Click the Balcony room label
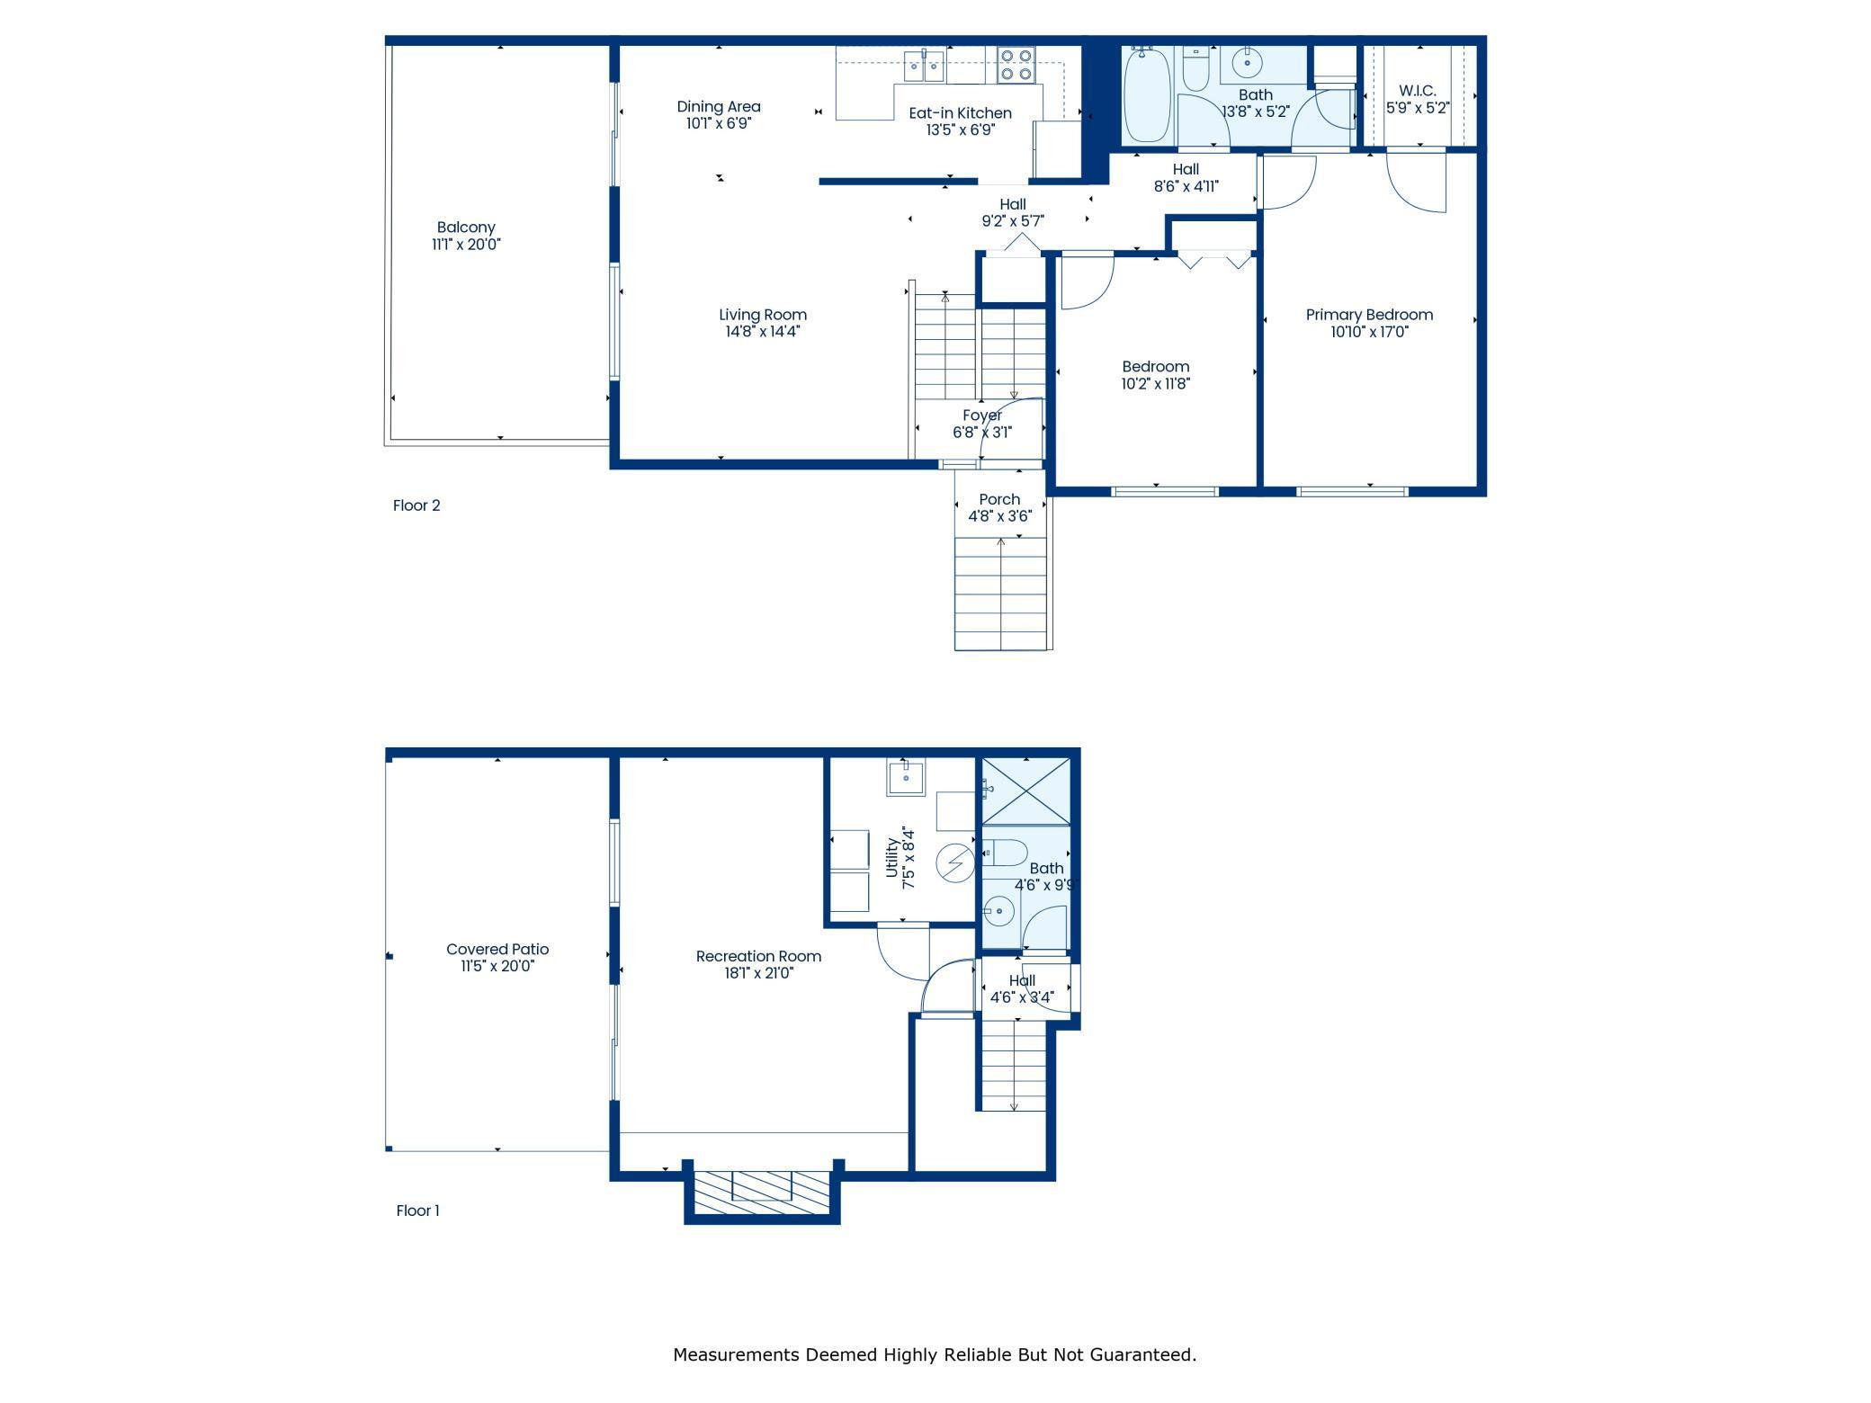coord(466,228)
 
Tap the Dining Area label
coord(719,107)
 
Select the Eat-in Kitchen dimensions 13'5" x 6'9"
coord(960,130)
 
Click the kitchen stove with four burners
coord(1016,65)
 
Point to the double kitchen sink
coord(924,65)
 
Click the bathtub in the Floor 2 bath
coord(1147,94)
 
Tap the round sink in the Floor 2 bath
coord(1247,62)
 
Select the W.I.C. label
coord(1418,91)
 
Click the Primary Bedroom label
coord(1369,315)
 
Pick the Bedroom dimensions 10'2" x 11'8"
coord(1156,384)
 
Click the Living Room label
coord(763,315)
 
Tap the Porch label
coord(999,499)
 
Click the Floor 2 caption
coord(416,505)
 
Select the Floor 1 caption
coord(417,1211)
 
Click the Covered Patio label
coord(497,949)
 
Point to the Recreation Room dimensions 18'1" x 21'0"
coord(758,973)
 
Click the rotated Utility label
coord(891,858)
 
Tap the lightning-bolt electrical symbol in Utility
coord(955,863)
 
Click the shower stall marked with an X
coord(1025,791)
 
